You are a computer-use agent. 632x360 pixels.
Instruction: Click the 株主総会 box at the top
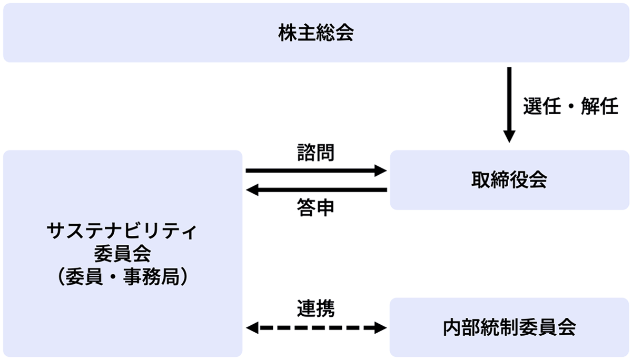[316, 33]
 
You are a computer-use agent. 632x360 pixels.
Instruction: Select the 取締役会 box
[509, 181]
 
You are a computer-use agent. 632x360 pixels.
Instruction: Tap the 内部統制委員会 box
[509, 327]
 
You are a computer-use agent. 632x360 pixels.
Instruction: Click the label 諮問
[315, 153]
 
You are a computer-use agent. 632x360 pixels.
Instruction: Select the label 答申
[315, 208]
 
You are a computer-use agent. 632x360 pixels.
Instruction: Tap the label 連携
[315, 307]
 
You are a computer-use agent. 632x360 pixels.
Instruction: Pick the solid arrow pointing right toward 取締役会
[316, 171]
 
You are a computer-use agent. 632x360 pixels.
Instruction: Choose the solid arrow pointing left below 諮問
[316, 189]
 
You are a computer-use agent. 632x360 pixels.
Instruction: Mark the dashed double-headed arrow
[316, 328]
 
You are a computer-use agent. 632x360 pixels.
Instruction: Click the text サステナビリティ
[122, 232]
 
